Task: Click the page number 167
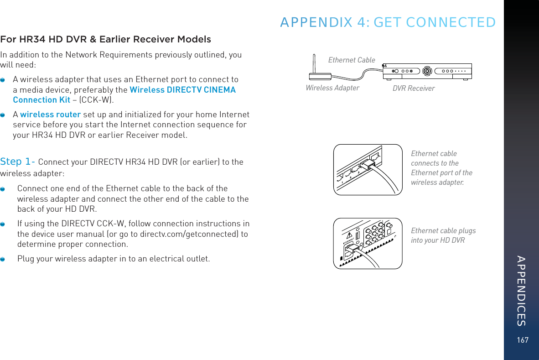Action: [x=523, y=340]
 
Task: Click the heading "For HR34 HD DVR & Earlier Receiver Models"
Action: [x=105, y=39]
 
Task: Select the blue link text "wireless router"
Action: [x=51, y=115]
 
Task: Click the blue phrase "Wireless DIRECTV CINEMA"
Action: [x=183, y=90]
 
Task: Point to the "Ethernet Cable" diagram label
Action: [x=352, y=60]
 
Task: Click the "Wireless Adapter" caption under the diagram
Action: [x=332, y=88]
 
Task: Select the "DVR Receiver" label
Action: [x=414, y=88]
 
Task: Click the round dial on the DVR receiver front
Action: [x=427, y=71]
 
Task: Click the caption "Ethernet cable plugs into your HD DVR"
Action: [x=443, y=235]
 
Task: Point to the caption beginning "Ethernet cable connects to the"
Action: [x=441, y=168]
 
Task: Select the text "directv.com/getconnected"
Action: [x=194, y=234]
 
